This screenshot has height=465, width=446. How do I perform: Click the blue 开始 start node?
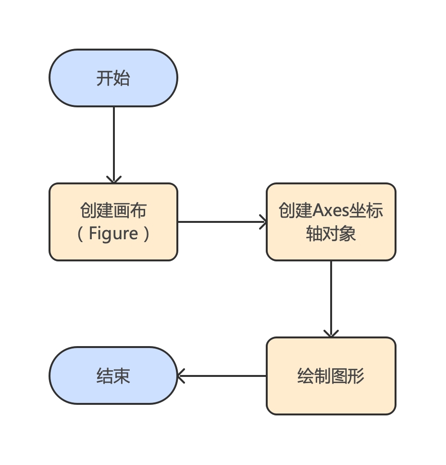[x=113, y=78]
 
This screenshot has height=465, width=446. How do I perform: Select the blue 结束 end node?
[x=113, y=376]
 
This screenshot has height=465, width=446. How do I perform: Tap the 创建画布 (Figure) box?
[x=113, y=222]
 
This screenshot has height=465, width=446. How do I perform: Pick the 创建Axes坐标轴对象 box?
[x=331, y=222]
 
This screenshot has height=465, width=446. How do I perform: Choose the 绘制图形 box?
[x=331, y=376]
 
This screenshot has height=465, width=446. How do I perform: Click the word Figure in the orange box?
[x=114, y=234]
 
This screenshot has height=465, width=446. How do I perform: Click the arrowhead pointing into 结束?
[x=181, y=376]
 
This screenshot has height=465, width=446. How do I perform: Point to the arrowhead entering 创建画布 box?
[x=114, y=180]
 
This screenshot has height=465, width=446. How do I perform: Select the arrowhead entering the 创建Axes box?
[x=263, y=222]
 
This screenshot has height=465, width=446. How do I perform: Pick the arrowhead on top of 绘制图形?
[x=331, y=334]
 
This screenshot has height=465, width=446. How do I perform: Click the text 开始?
[x=113, y=78]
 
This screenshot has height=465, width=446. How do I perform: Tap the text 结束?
[x=113, y=376]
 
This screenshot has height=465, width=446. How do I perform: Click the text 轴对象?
[x=331, y=234]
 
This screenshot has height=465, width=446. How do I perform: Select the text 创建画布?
[x=113, y=211]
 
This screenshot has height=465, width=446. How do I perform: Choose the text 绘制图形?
[x=331, y=376]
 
